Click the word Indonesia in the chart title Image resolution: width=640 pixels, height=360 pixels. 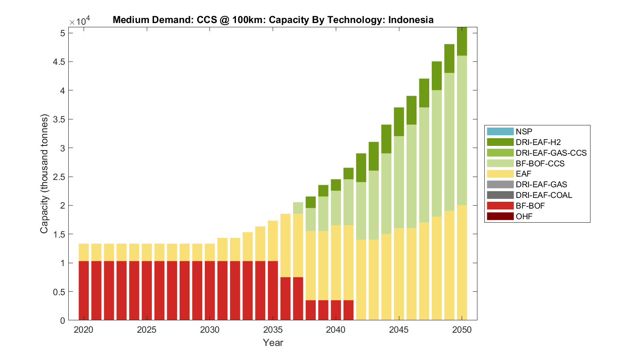410,20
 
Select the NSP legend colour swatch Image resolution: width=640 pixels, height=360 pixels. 500,131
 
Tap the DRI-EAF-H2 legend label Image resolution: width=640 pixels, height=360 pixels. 538,142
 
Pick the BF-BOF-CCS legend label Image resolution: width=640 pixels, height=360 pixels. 540,163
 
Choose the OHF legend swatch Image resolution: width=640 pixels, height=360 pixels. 500,216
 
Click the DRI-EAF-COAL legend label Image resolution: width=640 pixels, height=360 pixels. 544,195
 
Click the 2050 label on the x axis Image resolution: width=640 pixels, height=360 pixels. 462,330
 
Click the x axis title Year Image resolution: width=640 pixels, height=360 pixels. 273,343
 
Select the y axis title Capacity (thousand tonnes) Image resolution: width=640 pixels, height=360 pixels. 44,174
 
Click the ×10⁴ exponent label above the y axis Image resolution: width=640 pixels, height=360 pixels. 80,22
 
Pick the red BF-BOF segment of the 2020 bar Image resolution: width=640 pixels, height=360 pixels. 84,290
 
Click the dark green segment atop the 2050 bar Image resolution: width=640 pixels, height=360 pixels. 462,41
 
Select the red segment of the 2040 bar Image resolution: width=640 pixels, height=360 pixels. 336,310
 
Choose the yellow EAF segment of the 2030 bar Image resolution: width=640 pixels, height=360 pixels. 210,253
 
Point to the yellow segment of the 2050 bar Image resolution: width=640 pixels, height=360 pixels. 462,263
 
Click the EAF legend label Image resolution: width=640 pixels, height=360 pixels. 523,174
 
